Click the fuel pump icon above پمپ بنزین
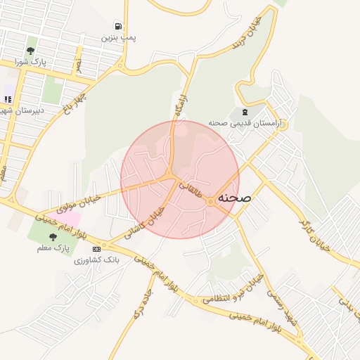[x=116, y=27]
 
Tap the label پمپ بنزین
[x=117, y=37]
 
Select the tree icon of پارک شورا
[x=30, y=51]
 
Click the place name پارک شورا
[x=30, y=61]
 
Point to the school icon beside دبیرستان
[x=8, y=98]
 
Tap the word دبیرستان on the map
[x=21, y=110]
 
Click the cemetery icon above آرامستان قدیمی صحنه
[x=244, y=112]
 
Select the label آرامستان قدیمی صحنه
[x=244, y=123]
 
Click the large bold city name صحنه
[x=234, y=198]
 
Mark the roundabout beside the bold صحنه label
[x=210, y=202]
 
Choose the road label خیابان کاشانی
[x=148, y=222]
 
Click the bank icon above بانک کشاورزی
[x=96, y=249]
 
